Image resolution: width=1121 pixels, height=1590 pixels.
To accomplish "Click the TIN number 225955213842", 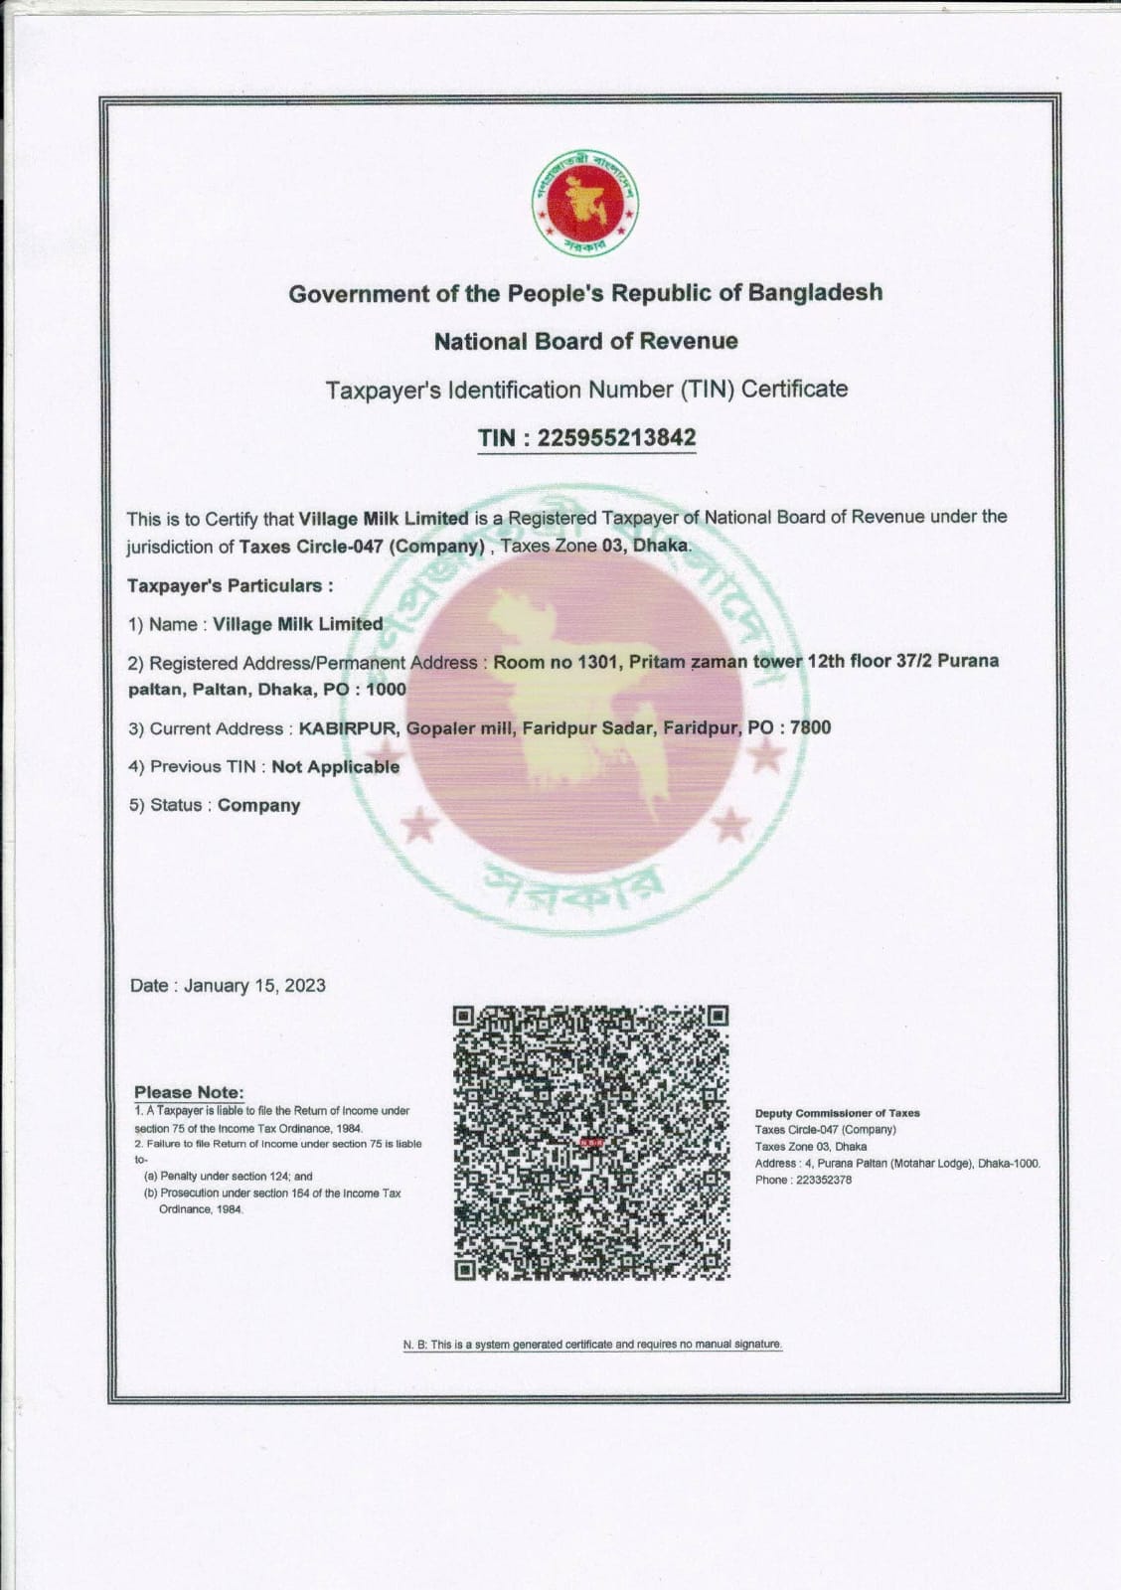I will tap(616, 438).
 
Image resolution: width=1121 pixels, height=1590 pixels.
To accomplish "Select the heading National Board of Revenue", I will tap(585, 341).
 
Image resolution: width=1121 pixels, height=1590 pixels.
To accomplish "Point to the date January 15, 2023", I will tap(254, 986).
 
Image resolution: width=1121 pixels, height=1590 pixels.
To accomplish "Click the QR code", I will tap(591, 1142).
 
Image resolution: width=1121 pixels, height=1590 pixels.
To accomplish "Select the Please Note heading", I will tap(189, 1092).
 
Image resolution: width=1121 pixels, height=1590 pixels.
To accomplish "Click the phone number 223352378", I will tap(824, 1180).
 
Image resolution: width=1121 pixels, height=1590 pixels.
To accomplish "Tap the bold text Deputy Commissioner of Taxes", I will tap(837, 1113).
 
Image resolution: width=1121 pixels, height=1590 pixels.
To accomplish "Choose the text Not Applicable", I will tap(336, 766).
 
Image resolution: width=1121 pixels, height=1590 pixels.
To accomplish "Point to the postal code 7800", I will tap(810, 727).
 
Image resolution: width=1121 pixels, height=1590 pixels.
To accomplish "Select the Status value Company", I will tap(258, 805).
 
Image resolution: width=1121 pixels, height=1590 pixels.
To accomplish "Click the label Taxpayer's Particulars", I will tap(230, 585).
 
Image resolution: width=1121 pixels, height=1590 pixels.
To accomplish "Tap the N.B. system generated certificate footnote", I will tap(592, 1344).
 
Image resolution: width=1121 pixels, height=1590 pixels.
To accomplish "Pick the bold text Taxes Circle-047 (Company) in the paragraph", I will tap(362, 547).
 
